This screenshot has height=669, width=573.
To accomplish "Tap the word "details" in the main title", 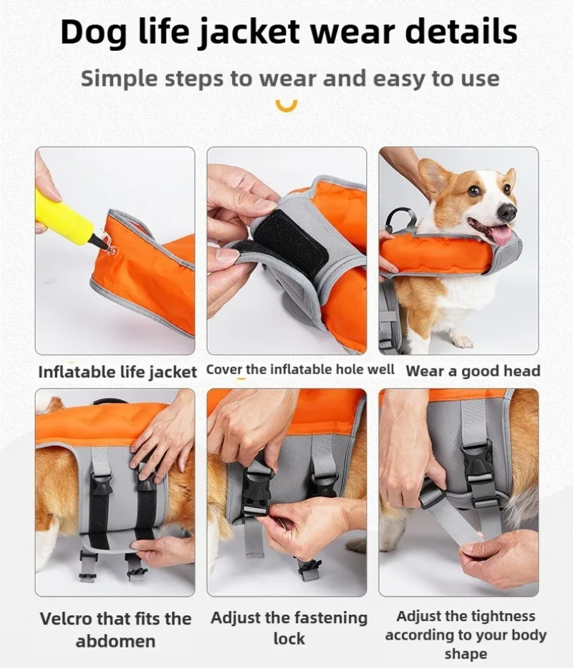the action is (x=461, y=31).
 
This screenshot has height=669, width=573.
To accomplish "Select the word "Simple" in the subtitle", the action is (x=115, y=79).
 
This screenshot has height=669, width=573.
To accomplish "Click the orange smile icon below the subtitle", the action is (x=286, y=105).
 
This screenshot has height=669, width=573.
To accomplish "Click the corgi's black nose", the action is (x=507, y=211).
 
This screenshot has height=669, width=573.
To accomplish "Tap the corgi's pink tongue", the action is (x=499, y=234).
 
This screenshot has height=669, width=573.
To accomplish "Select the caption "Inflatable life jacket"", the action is (x=117, y=372).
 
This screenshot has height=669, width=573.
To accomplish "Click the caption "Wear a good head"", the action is (x=473, y=371).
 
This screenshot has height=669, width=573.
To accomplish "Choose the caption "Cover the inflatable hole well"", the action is (x=300, y=369).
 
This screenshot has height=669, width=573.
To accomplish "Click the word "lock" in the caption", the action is (x=289, y=639).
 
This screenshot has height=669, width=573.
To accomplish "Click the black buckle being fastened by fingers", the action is (x=256, y=489).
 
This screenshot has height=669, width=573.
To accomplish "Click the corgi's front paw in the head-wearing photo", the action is (x=463, y=340).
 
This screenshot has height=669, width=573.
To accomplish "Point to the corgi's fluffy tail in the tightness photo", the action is (x=521, y=504).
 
